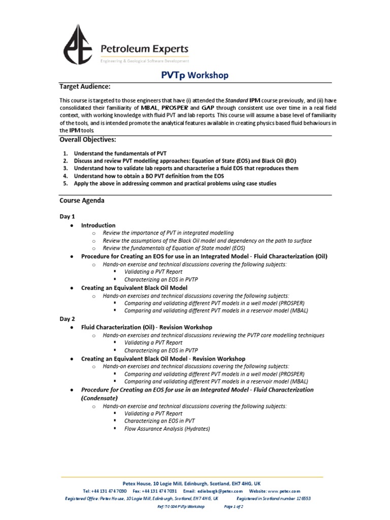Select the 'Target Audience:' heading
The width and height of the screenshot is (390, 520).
85,87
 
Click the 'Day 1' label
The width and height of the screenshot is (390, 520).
68,216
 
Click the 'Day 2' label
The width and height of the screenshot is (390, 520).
68,319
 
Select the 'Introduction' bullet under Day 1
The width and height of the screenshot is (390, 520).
98,225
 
